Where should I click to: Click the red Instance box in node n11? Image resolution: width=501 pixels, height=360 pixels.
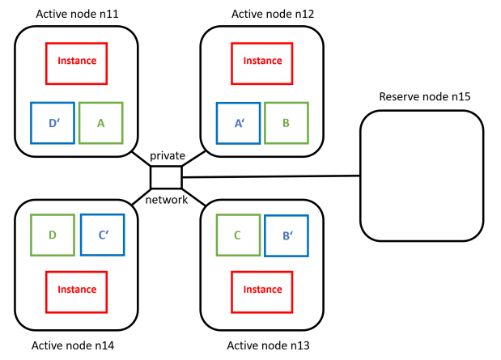[77, 61]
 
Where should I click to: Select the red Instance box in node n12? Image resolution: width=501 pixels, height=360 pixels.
[262, 61]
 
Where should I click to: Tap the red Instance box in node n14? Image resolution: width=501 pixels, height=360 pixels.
[77, 290]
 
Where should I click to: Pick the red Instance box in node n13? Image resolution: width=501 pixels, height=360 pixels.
[262, 290]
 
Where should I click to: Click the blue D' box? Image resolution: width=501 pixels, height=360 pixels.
[53, 123]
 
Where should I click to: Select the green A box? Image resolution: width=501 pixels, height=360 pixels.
[100, 123]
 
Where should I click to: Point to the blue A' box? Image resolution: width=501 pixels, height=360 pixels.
[239, 123]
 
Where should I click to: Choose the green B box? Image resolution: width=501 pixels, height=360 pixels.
[287, 123]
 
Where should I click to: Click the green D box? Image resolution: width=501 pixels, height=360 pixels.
[53, 235]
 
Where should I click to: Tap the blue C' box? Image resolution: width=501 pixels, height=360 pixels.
[103, 235]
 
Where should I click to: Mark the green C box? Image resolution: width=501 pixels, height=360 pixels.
[237, 235]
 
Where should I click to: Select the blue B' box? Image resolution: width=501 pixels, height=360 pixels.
[286, 235]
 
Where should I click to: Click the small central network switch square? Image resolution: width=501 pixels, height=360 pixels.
[166, 176]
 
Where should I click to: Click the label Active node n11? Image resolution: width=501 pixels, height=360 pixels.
[77, 14]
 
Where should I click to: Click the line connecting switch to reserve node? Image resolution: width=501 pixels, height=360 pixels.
[271, 176]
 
